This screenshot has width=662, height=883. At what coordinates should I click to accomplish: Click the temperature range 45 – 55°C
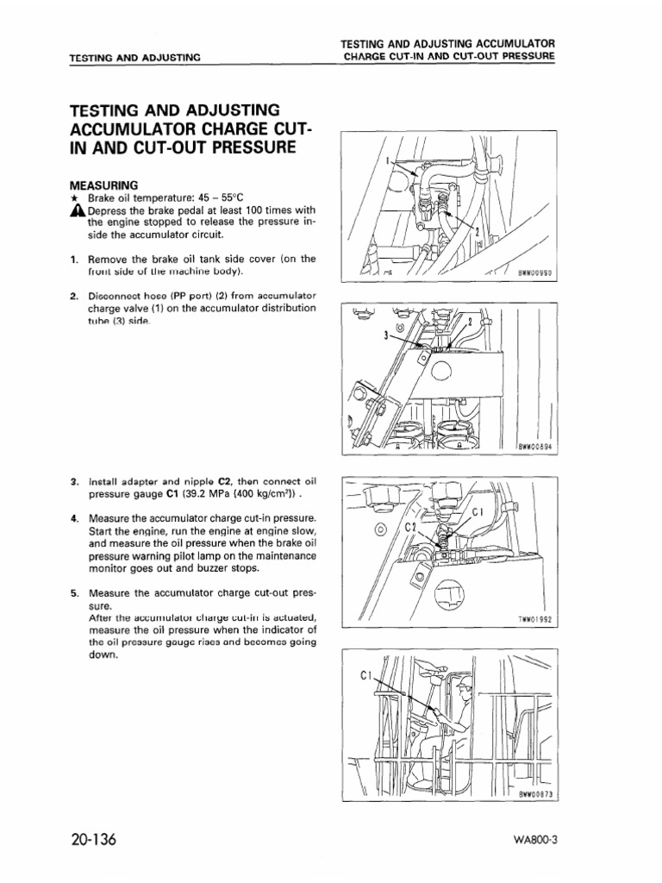220,197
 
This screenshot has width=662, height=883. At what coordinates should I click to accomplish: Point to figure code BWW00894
535,447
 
